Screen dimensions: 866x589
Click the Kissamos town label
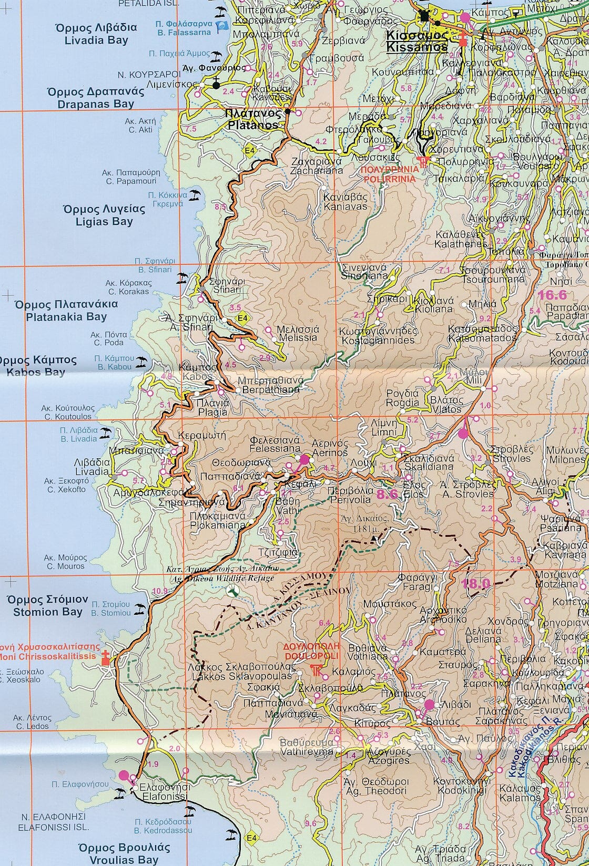point(417,41)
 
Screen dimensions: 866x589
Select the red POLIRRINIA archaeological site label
point(390,174)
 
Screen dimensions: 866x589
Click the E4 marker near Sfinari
point(242,318)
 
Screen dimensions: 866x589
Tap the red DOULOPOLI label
point(311,651)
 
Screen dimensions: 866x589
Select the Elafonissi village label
point(159,792)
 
